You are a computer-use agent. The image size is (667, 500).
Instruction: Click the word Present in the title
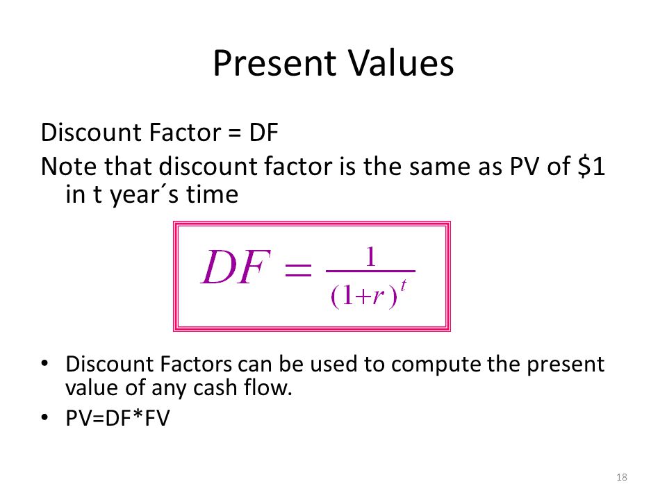coord(274,63)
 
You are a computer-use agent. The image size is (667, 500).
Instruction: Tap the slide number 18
coord(621,477)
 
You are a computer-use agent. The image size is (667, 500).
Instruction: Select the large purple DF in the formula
coord(236,267)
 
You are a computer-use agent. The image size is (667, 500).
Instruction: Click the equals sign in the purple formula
coord(298,269)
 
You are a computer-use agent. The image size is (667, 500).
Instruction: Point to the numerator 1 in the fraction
coord(371,257)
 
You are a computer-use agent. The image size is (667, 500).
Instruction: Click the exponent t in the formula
coord(404,285)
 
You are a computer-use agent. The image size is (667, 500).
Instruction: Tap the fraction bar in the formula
coord(370,271)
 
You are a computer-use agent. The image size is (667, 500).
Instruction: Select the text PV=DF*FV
coord(117,417)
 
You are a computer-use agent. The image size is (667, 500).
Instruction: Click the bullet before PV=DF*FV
coord(44,417)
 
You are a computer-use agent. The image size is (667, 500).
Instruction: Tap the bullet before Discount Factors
coord(44,363)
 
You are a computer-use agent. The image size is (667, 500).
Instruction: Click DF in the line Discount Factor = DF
coord(264,132)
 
